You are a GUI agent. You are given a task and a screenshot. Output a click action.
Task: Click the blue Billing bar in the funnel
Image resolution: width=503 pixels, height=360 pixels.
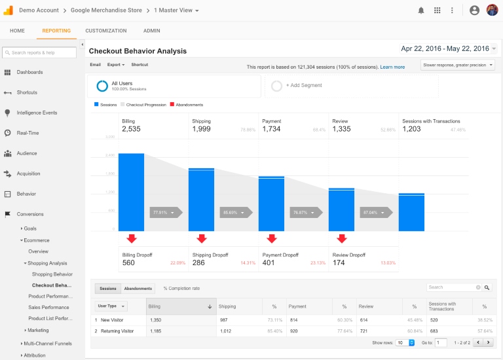131,192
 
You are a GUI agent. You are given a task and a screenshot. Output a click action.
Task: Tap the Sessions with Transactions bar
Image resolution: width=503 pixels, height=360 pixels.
411,212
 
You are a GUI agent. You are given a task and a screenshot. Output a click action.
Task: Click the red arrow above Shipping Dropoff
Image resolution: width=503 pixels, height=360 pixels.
201,239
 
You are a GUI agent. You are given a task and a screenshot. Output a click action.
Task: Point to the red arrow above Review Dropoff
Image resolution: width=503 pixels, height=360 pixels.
341,239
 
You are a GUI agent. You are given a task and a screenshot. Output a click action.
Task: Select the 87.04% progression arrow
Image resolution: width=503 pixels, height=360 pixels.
373,213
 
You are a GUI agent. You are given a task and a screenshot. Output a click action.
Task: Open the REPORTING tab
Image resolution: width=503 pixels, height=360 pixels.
56,31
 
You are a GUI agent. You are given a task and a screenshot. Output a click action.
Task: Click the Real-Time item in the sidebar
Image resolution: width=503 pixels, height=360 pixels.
28,133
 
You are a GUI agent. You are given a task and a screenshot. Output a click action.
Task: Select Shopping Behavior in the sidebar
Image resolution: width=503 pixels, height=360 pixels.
52,274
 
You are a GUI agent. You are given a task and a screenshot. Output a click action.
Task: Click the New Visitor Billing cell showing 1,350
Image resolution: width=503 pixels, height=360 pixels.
156,320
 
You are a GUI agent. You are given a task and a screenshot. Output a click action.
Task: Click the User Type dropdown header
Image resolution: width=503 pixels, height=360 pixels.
111,306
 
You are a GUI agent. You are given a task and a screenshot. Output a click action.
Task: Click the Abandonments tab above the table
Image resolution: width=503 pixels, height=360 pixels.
138,288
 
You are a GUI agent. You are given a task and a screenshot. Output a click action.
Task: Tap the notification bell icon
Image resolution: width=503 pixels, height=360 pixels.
420,10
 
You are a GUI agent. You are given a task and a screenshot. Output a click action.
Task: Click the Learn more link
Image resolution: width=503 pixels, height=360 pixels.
392,67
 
